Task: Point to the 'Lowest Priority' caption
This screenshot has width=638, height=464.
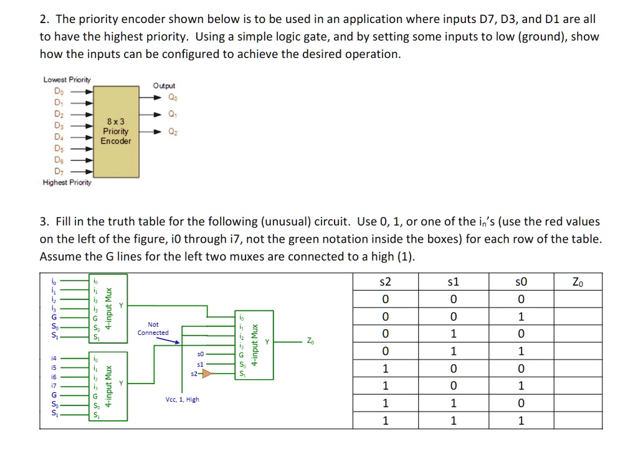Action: [x=67, y=80]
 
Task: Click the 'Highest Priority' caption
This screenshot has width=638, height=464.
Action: [x=67, y=183]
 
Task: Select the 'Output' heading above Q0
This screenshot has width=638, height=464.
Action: [x=164, y=85]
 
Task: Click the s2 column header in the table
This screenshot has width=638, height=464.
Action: [x=386, y=283]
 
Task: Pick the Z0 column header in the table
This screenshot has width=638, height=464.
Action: [x=578, y=283]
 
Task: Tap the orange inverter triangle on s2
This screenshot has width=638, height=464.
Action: [x=203, y=374]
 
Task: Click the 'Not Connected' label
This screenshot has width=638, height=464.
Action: [x=153, y=329]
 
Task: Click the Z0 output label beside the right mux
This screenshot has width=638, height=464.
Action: [x=310, y=342]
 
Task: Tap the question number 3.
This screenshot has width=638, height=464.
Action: [x=43, y=222]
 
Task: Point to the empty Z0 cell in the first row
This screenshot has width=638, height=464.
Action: [x=578, y=300]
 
